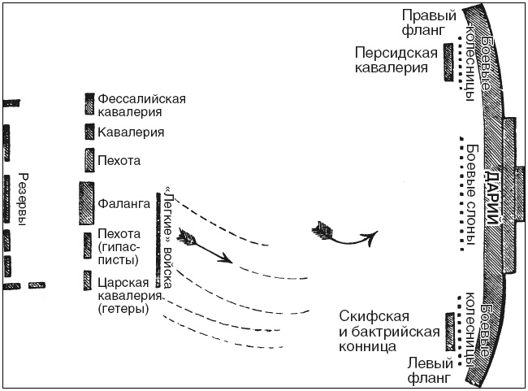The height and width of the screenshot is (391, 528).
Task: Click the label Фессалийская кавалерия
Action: (142, 105)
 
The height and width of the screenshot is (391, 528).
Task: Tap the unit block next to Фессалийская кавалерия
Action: (89, 103)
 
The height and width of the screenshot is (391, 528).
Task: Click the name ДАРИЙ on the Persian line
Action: (492, 195)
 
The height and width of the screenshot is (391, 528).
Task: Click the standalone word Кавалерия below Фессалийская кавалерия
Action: (132, 132)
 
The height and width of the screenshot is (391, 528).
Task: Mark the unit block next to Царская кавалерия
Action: (89, 281)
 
